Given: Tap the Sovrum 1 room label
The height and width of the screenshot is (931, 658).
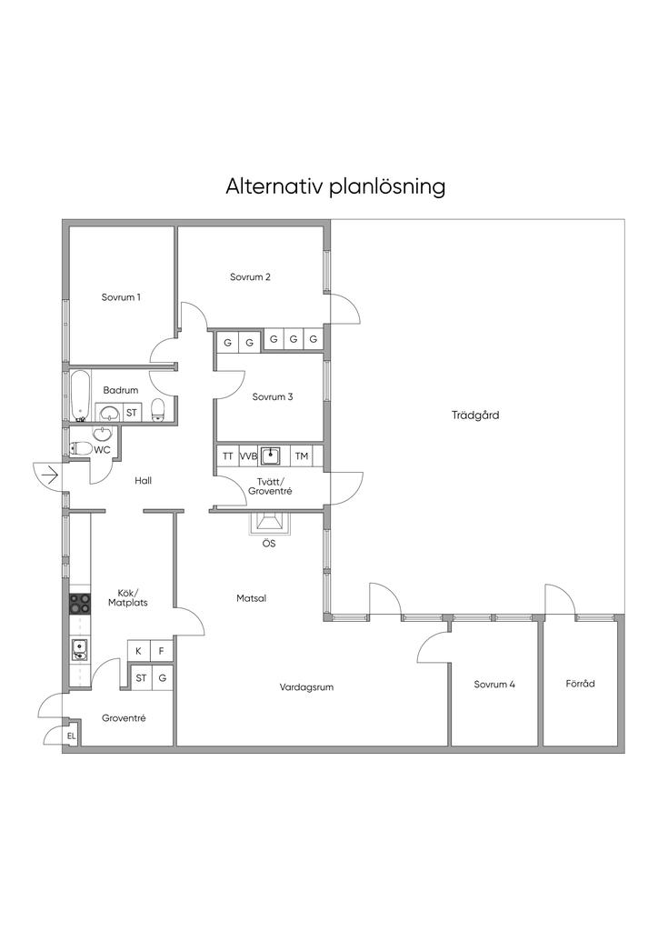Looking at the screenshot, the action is coord(121,297).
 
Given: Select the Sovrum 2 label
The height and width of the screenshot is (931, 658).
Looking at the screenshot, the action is coord(250,276).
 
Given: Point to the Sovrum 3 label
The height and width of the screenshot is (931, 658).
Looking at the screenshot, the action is coord(273,396).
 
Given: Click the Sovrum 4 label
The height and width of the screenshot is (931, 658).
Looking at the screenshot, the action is coord(494,684).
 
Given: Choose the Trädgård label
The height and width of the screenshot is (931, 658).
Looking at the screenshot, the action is coord(475,415).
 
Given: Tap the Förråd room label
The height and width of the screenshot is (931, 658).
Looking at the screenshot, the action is coord(580,684).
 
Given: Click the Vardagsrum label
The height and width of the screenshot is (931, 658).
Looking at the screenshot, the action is coord(307,687).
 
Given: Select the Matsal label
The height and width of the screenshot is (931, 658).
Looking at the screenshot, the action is coord(252,598).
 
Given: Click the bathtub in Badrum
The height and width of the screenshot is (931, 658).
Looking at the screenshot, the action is coord(79,395).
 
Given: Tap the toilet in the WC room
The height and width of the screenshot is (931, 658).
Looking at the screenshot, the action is coord(81,449).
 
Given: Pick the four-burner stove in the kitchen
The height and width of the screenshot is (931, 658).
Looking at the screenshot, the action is coord(80,604).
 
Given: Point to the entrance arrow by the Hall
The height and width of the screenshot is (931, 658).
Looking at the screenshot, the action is coord(50,475).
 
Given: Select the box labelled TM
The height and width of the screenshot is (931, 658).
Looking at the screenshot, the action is coord(302,456).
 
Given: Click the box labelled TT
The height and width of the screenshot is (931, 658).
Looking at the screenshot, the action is coord(228,456).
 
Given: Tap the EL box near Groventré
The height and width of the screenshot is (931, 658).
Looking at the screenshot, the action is coord(71,736).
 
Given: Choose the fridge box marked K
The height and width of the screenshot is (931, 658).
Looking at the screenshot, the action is coord(139,651).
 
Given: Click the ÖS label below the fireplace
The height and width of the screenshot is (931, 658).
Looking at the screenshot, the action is coord(269,544).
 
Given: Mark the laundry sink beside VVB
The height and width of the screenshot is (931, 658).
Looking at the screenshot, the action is coord(272,456).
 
